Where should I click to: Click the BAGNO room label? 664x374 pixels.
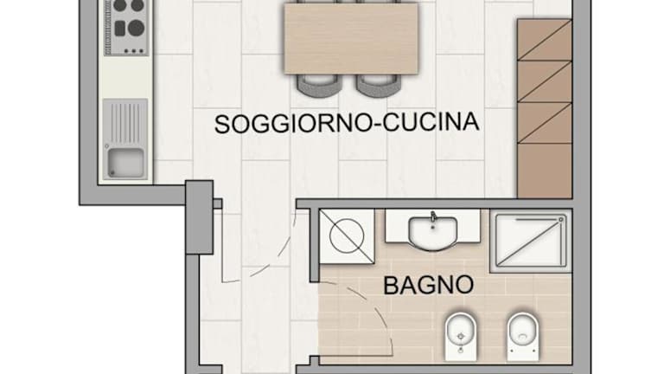tap(428, 285)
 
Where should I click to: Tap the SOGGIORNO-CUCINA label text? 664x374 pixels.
tap(347, 123)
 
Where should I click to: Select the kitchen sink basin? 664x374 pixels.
tap(125, 163)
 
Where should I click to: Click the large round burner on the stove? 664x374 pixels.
tap(137, 28)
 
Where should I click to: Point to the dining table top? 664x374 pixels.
tap(351, 39)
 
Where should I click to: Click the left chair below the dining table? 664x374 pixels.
tap(319, 85)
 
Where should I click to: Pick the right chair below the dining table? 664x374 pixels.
tap(378, 85)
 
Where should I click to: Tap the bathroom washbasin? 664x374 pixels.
tap(432, 232)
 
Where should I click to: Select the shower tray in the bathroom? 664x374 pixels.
tap(531, 241)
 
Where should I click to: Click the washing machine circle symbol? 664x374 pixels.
tap(347, 235)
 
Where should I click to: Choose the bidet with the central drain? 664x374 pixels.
tap(461, 336)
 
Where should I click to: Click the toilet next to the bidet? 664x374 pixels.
tap(523, 336)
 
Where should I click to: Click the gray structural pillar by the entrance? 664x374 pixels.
tap(200, 217)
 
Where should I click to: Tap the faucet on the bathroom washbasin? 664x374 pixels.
tap(433, 216)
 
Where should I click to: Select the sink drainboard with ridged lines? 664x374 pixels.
tap(125, 124)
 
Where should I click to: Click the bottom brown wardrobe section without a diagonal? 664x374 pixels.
tap(545, 171)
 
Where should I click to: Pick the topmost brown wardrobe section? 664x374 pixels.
tap(545, 40)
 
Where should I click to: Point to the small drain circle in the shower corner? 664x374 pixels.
tap(560, 220)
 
